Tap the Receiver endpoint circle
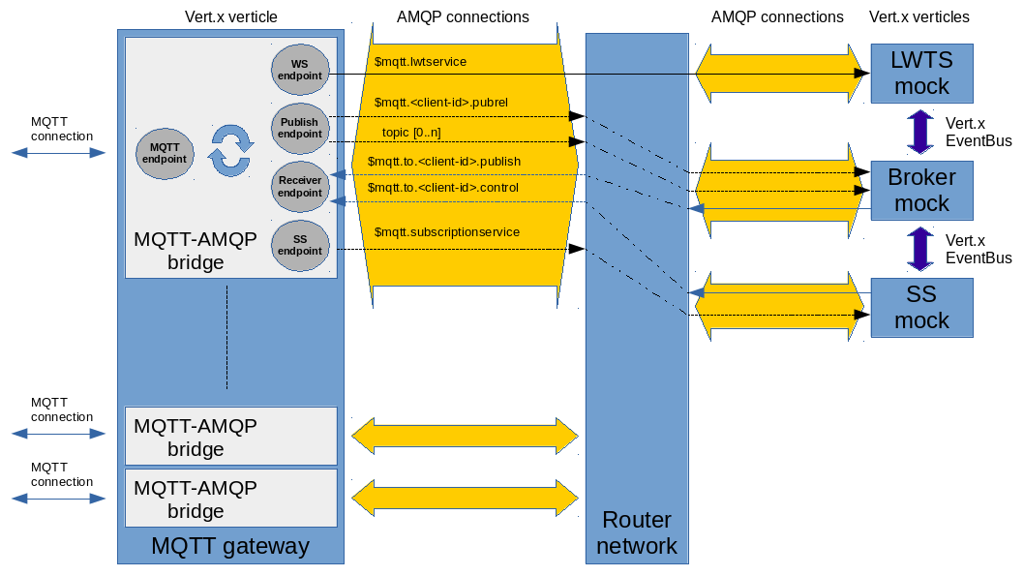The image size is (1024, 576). pos(300,187)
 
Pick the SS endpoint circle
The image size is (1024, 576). pos(300,245)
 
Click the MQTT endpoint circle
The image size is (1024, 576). pos(166,153)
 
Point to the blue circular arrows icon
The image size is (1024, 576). pos(231,150)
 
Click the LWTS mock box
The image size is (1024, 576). pos(921,74)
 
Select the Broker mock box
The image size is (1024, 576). pos(921,190)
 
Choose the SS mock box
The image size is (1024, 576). pos(921,307)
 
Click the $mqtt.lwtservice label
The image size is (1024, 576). pos(420,62)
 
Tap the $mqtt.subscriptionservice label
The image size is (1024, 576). pos(446,232)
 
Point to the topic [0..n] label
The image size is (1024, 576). pos(412,132)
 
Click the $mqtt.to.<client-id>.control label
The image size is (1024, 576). pos(442,187)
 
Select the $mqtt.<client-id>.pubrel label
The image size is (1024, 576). pos(440,102)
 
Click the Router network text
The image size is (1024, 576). pos(636,533)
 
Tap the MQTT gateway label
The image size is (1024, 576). pos(230,546)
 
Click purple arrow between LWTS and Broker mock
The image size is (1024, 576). pos(919,132)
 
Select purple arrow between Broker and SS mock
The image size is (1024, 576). pos(919,249)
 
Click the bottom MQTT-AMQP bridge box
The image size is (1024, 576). pos(231,498)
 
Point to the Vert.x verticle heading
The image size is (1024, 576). pos(230,17)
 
